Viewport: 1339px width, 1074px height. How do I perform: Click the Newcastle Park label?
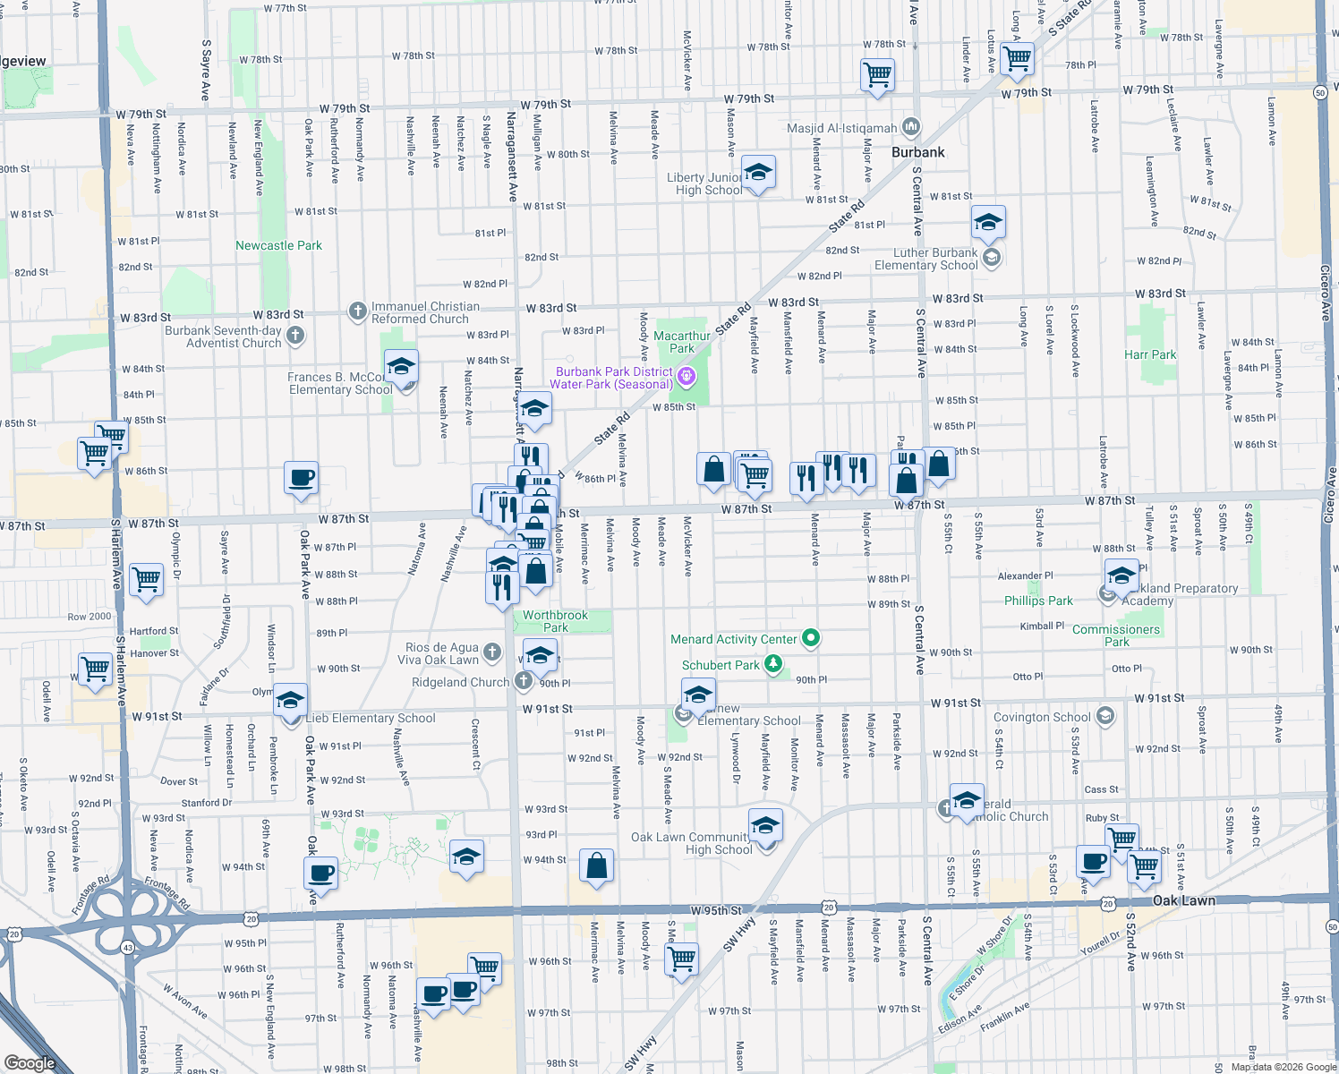tap(278, 245)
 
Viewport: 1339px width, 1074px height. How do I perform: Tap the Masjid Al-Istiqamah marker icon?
tap(911, 126)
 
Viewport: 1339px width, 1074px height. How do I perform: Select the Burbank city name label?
tap(917, 152)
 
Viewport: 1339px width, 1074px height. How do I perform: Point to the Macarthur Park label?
tap(682, 342)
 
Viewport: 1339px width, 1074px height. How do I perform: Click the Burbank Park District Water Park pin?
tap(687, 376)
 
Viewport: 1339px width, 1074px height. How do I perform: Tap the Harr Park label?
tap(1150, 354)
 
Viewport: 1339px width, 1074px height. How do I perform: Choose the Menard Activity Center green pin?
tap(811, 638)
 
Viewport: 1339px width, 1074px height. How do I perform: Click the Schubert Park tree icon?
tap(773, 664)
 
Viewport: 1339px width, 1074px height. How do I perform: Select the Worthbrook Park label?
tap(555, 621)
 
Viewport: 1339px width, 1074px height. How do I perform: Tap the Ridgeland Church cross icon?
tap(524, 681)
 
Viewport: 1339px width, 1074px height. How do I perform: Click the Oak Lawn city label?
tap(1184, 900)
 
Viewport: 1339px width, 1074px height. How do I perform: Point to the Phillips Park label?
tap(1038, 601)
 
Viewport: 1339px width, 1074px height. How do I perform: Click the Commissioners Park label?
tap(1116, 635)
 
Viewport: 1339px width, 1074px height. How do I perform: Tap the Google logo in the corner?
tap(30, 1062)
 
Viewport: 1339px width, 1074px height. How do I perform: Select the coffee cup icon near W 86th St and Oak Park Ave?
tap(302, 478)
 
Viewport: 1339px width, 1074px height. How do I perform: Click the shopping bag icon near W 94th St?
tap(596, 865)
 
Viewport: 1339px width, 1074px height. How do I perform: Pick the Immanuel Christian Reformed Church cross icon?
tap(357, 311)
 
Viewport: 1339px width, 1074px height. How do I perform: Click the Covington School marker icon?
tap(1105, 715)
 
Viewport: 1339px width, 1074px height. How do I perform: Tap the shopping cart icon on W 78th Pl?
tap(1017, 59)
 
